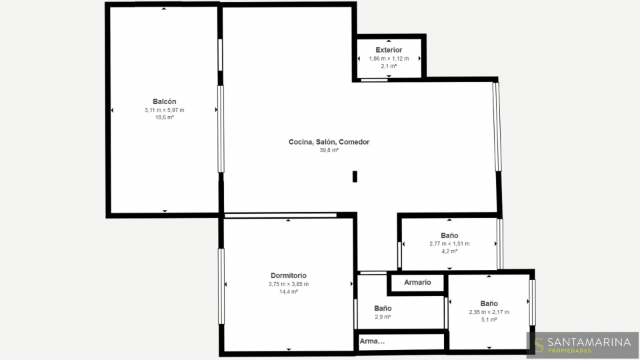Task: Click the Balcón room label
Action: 165,101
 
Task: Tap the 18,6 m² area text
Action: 165,117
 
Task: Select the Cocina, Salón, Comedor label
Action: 329,142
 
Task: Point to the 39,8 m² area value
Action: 329,150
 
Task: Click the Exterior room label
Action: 389,50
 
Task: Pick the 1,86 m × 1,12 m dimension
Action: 389,59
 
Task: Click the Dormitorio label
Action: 289,275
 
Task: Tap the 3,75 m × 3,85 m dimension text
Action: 289,284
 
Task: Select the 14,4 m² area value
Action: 289,292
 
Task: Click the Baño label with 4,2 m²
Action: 449,235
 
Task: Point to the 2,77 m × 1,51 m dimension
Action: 449,244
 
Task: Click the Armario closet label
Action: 417,283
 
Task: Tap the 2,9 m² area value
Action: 383,317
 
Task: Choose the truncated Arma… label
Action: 372,341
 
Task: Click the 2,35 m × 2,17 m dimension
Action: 489,312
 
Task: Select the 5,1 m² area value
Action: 489,320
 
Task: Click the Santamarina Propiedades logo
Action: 583,345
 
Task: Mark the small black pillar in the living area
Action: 355,176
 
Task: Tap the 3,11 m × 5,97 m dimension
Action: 165,110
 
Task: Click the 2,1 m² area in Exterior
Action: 389,66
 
